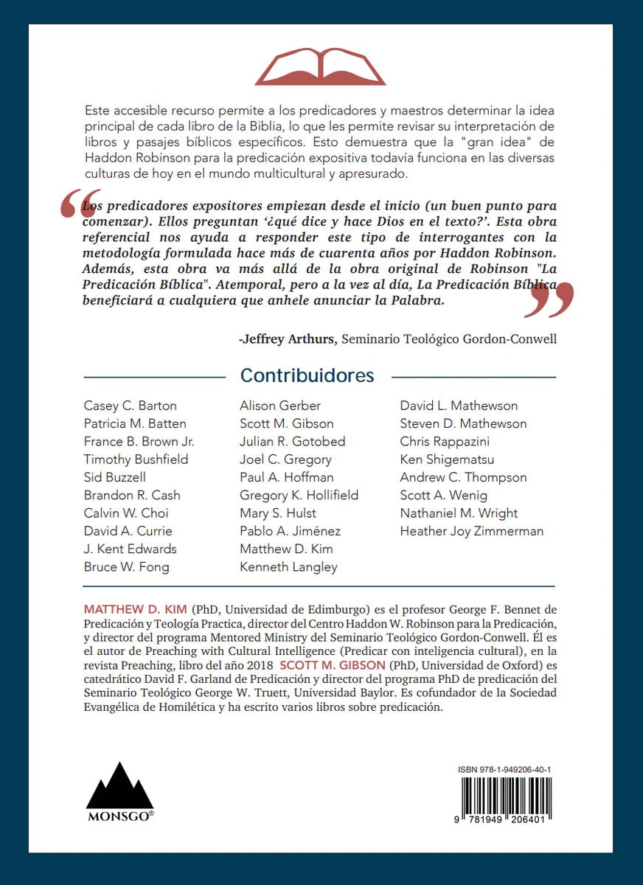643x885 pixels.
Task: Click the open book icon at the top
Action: (320, 66)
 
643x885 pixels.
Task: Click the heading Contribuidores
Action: (307, 376)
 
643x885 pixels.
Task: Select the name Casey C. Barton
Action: (131, 406)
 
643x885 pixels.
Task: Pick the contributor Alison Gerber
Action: (280, 406)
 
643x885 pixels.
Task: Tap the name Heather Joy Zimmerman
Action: (472, 531)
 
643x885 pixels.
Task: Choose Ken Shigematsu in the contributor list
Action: (448, 459)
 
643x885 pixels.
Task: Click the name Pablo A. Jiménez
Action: (291, 531)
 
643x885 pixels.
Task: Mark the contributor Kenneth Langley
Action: (289, 567)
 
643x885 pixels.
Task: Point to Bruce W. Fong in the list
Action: (127, 567)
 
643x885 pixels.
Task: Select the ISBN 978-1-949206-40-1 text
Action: (504, 769)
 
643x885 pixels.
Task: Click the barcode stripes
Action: (506, 796)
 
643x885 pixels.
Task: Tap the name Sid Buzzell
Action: (115, 477)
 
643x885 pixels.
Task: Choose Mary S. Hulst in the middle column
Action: (278, 513)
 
